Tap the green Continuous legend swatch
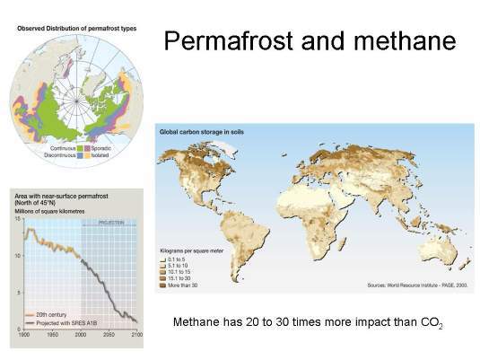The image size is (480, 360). pos(80,146)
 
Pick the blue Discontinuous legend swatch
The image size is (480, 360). pos(80,154)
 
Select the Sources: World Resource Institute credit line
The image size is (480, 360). pos(418,285)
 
